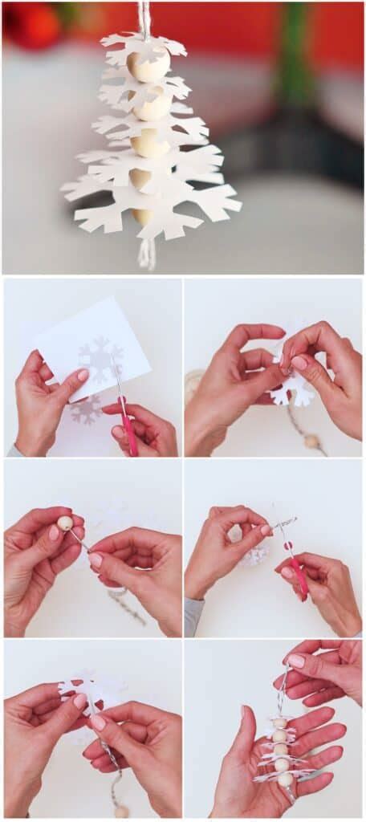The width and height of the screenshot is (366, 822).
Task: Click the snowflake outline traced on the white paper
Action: (x=101, y=360)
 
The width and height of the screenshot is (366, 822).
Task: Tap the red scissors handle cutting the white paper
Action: (x=128, y=434)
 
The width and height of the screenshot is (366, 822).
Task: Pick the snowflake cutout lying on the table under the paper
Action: (x=85, y=410)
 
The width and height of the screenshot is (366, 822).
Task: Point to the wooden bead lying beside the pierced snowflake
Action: (x=311, y=441)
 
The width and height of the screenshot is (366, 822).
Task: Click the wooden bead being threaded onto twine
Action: (x=65, y=523)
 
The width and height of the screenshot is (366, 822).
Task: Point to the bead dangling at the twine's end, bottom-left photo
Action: (x=120, y=812)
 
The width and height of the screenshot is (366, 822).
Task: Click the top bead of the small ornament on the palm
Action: (x=279, y=723)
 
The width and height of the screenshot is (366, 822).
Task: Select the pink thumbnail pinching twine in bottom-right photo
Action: (x=295, y=661)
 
